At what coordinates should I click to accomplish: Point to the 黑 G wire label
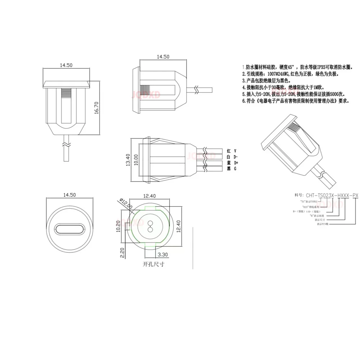[231, 168]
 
